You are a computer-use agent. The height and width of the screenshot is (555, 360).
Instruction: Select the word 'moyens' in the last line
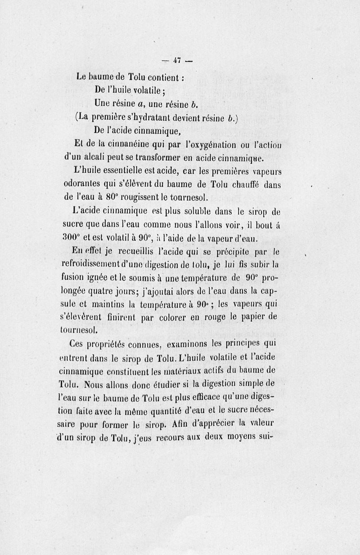[x=243, y=436]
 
